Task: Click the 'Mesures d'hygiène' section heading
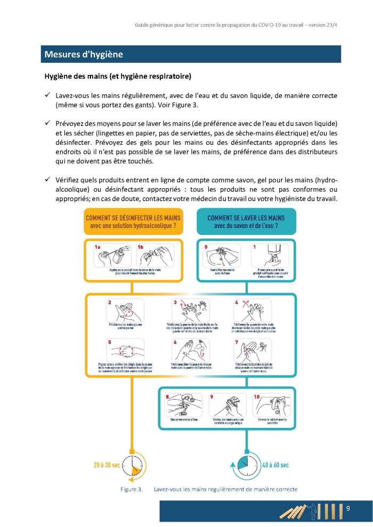[x=84, y=54]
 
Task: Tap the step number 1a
[x=98, y=247]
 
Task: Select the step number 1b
[x=141, y=247]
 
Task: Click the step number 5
[x=110, y=343]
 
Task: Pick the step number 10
[x=257, y=397]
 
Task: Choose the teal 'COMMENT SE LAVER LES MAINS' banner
[x=246, y=222]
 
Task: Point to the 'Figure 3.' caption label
[x=131, y=489]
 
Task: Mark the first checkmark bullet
[x=47, y=95]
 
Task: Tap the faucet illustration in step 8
[x=183, y=405]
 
